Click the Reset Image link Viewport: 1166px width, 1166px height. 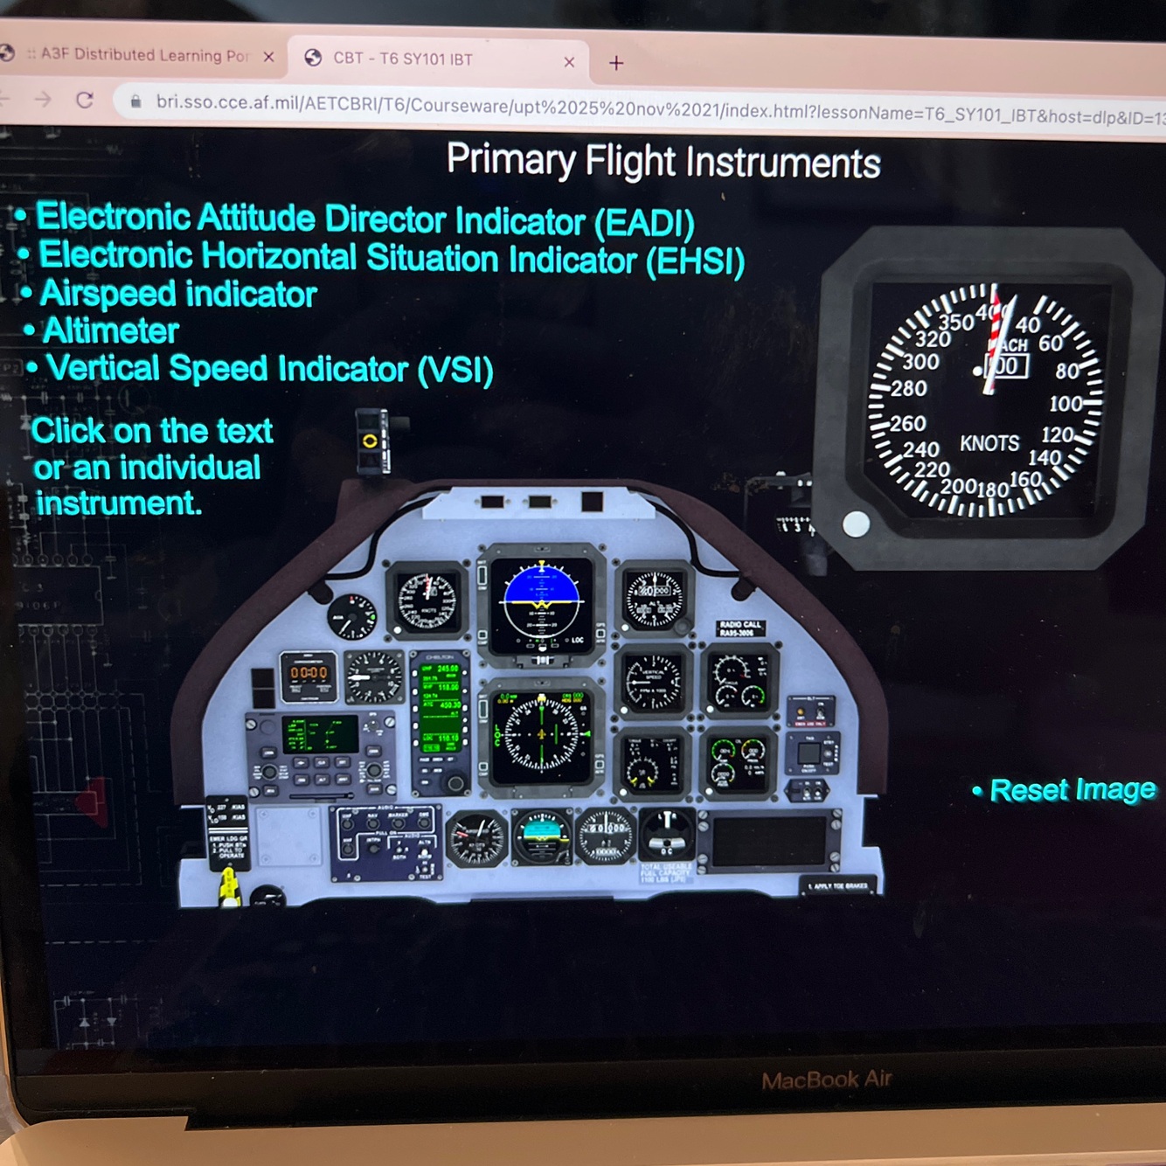click(1072, 790)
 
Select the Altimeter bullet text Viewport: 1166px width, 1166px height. click(110, 331)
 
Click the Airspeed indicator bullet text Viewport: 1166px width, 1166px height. click(178, 294)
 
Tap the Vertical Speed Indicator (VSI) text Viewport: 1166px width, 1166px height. click(269, 369)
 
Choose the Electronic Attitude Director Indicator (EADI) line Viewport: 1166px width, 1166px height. click(364, 219)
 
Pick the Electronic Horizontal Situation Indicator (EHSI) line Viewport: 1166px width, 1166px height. click(391, 259)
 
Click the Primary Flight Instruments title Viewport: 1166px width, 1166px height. click(663, 162)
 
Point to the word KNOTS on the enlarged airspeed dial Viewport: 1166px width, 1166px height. click(989, 443)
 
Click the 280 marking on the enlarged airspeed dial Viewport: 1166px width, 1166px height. click(909, 388)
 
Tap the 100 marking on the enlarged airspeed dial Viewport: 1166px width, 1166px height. click(1065, 404)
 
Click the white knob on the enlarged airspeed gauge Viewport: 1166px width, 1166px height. click(856, 524)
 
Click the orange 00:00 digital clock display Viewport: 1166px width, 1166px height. click(309, 673)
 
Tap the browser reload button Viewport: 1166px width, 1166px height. click(85, 100)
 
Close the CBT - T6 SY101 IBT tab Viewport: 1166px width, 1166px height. click(569, 62)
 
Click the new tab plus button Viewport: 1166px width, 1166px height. click(616, 63)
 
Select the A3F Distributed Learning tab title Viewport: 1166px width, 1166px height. click(144, 55)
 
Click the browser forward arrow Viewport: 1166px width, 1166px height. click(43, 99)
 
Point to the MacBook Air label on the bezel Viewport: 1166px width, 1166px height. click(826, 1080)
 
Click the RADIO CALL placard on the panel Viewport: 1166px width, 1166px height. click(739, 628)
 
